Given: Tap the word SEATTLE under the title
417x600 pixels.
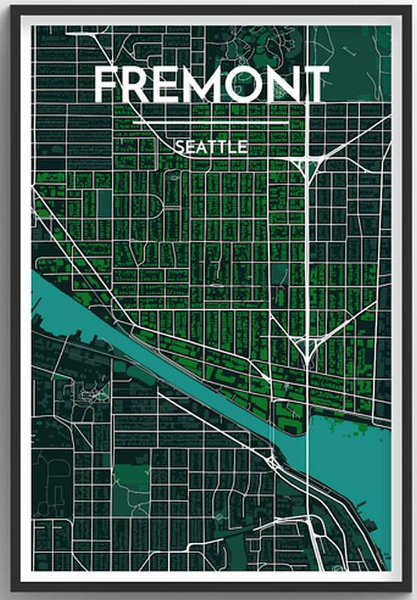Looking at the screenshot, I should click(x=211, y=147).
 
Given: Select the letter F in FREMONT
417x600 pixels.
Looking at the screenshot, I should click(x=108, y=85).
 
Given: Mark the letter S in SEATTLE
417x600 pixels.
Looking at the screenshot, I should click(x=180, y=147).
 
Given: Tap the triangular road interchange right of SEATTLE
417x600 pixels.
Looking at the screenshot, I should click(x=306, y=164).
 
